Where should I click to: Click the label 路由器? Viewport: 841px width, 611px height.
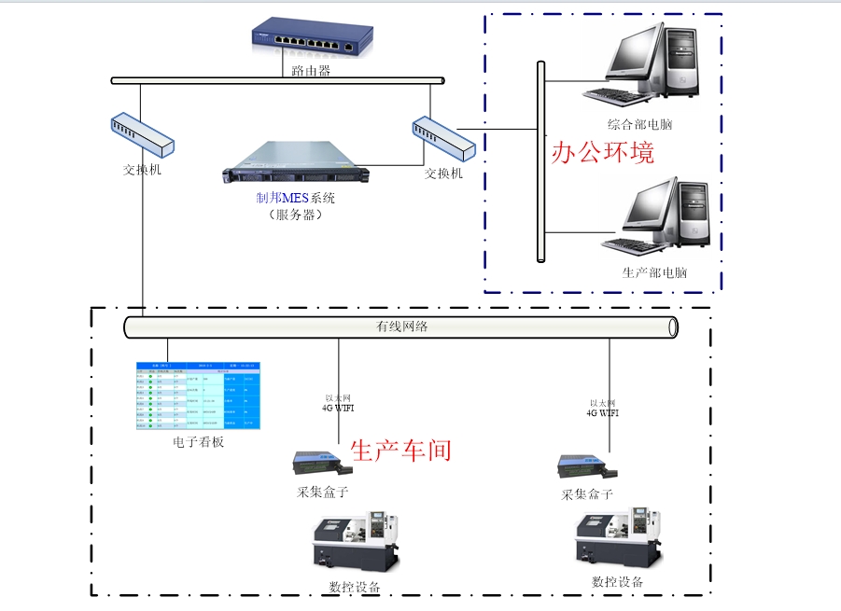tap(311, 70)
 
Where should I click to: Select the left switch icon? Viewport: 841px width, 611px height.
tap(142, 135)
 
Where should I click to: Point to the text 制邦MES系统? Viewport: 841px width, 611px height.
tap(295, 198)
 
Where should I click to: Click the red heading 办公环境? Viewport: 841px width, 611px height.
tap(602, 152)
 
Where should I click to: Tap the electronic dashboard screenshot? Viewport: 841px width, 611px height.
tap(198, 396)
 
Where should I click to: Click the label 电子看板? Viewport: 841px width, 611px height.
tap(198, 442)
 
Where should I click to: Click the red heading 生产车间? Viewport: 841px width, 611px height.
tap(400, 451)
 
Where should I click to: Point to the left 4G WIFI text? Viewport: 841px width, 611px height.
tap(338, 408)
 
